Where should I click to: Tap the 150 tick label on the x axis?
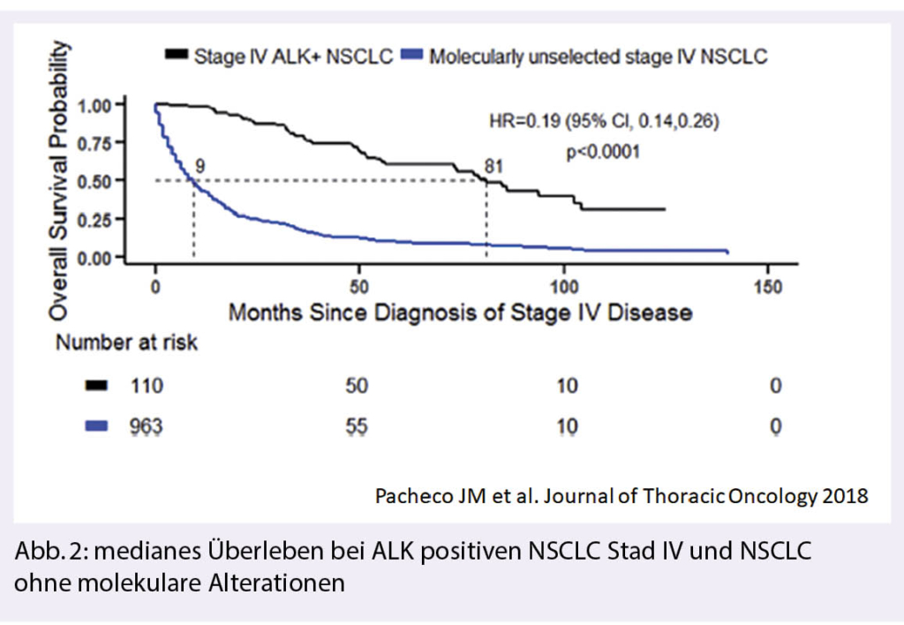point(767,289)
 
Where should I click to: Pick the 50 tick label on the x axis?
point(358,289)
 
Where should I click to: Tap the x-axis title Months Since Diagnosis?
point(460,312)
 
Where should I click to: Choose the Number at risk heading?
point(127,343)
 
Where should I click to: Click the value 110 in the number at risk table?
point(147,386)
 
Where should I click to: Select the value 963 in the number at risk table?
point(147,426)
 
